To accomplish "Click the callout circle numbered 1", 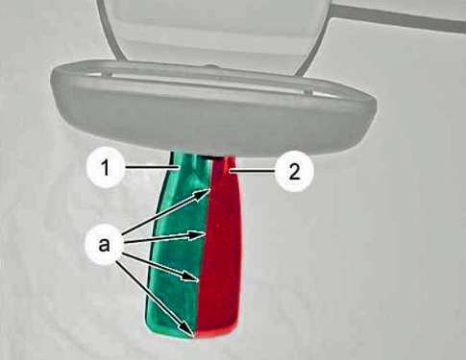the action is [x=105, y=168].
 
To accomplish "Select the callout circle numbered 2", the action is [x=294, y=172].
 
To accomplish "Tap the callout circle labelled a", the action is [x=104, y=245].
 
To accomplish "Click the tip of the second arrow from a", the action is [x=206, y=234].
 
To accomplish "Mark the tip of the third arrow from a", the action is [x=198, y=280].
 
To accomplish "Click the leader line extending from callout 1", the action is [x=152, y=167].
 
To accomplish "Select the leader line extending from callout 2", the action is [x=253, y=172].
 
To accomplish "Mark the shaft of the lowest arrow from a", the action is [x=155, y=298].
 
